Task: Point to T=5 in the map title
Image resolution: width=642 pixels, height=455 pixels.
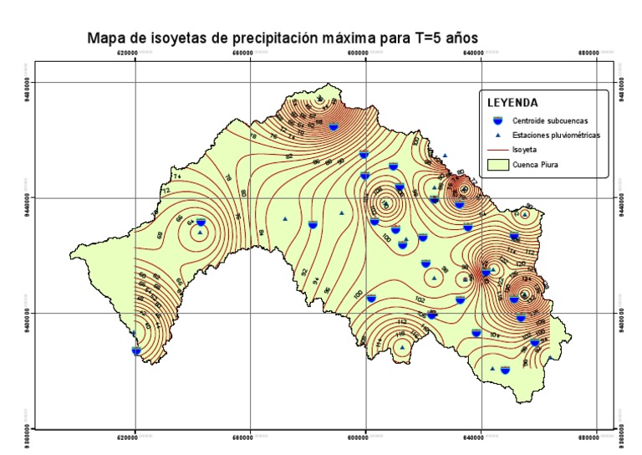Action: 421,38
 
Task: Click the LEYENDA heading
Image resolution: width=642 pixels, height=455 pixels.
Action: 512,102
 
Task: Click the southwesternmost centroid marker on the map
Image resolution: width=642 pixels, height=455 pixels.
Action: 136,351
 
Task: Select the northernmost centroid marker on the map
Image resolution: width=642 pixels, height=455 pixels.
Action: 334,126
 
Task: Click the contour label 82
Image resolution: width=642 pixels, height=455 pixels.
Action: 289,156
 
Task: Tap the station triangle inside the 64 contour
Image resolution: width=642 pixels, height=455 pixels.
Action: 200,232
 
